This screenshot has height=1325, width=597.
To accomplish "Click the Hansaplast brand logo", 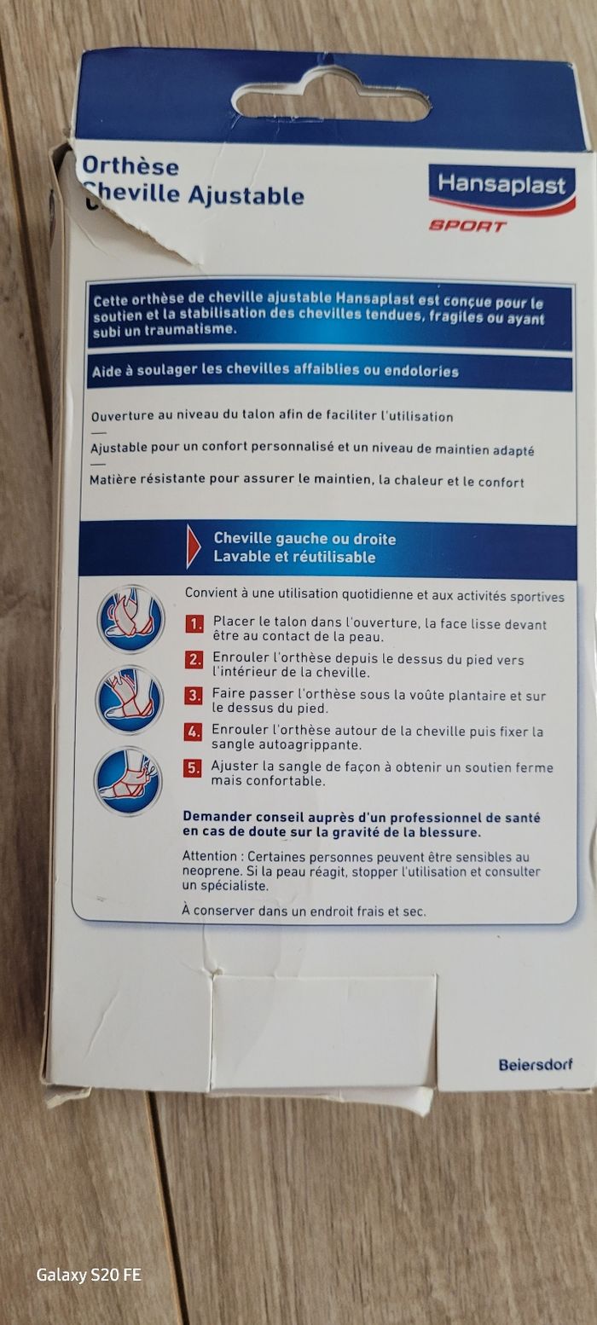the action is pos(501,188).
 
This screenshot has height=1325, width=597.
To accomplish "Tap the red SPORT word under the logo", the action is pos(467,225).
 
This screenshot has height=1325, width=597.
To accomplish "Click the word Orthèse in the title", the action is pos(130,166).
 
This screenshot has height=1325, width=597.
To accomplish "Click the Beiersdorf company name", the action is pos(536,1065).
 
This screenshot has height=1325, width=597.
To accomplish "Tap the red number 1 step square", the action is pos(194,624).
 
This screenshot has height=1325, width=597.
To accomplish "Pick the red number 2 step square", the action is pos(194,660).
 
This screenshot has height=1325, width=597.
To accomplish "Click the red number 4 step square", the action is pos(193,732).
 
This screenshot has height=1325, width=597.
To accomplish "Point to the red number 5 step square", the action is pos(192,767).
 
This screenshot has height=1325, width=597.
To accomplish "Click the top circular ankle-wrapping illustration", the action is pos(130,618).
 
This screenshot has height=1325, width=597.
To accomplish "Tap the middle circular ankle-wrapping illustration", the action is pos(129,700).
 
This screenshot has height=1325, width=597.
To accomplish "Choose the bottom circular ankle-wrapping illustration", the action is pos(128,781).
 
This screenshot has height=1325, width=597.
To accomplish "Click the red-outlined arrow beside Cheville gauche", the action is pos(193,547).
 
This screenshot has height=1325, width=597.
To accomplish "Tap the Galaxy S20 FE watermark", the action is pos(89,1275).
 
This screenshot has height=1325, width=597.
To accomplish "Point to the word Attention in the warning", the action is pos(210,856).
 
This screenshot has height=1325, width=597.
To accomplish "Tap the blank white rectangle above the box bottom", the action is pos(324,1033).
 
